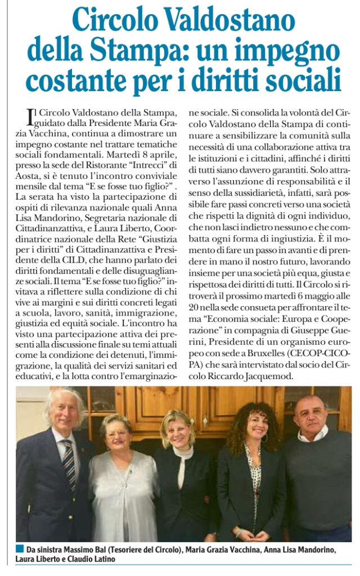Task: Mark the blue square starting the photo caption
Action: pyautogui.click(x=20, y=548)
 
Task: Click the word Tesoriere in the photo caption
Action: pyautogui.click(x=128, y=549)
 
